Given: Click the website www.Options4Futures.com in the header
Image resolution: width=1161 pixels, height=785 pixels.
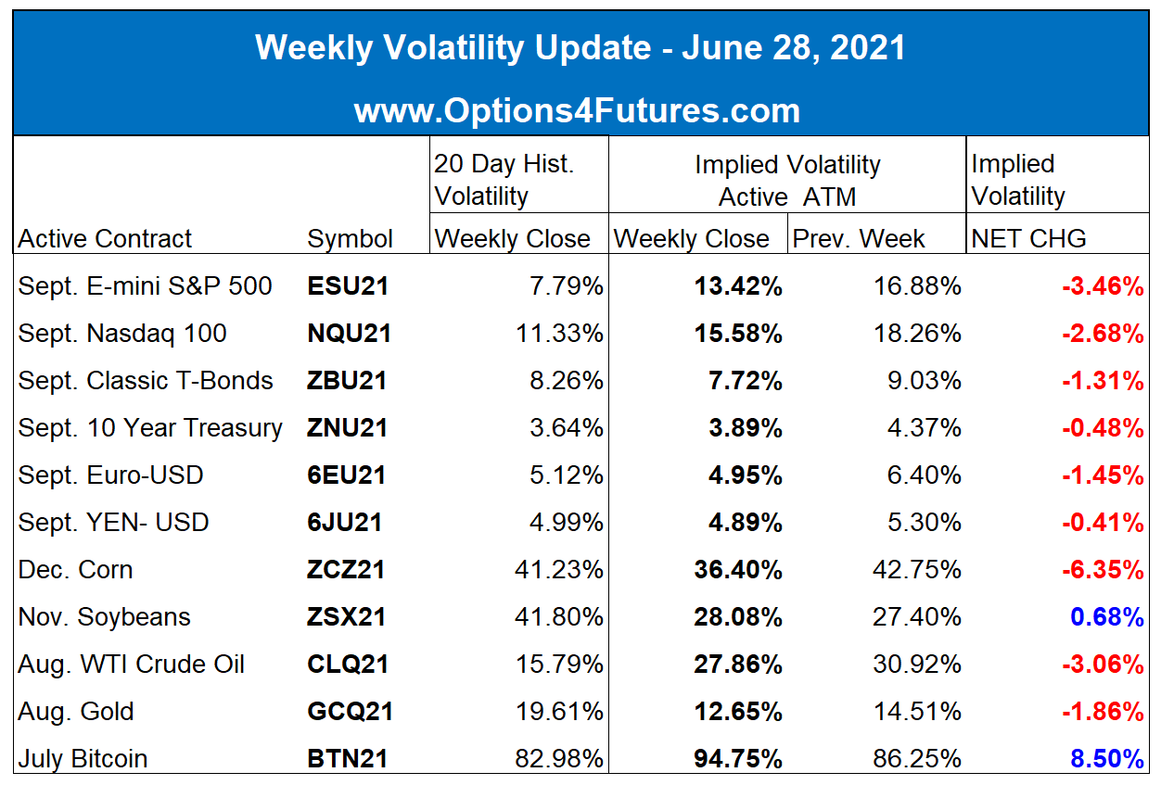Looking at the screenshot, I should (x=577, y=111).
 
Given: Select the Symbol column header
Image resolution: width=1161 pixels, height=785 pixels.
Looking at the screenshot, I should (x=350, y=239).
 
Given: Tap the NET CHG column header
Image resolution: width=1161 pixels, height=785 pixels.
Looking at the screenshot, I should (x=1028, y=239).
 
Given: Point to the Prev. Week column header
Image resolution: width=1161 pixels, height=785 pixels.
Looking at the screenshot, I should (x=859, y=239).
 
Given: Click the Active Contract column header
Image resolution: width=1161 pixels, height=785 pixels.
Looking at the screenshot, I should (x=106, y=239).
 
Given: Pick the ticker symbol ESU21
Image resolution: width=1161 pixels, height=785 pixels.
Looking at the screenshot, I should (x=348, y=286).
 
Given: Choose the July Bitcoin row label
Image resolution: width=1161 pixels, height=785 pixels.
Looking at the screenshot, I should (x=83, y=759).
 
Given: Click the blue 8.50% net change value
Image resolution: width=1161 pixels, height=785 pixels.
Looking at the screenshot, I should (x=1107, y=759).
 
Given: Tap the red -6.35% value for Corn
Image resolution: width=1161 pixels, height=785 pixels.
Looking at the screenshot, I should (x=1103, y=570).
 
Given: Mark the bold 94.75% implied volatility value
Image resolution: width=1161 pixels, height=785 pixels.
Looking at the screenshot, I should (x=738, y=759).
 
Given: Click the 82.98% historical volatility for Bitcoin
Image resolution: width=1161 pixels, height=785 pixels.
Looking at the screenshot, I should (x=559, y=759).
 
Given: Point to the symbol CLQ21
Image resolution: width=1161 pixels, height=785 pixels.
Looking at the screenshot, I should (x=348, y=665).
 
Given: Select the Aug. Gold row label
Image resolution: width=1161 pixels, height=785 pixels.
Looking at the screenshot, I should (x=76, y=712).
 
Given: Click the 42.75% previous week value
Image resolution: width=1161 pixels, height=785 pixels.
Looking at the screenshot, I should (x=917, y=570).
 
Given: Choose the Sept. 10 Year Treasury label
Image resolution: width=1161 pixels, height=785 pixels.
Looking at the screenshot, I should (x=150, y=428).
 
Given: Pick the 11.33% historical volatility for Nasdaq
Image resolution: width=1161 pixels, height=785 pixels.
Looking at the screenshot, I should (x=559, y=334).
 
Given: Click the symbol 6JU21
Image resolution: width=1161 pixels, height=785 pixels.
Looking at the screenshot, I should (x=344, y=523).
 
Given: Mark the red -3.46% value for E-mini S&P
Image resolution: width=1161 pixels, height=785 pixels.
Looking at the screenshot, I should (x=1103, y=286).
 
